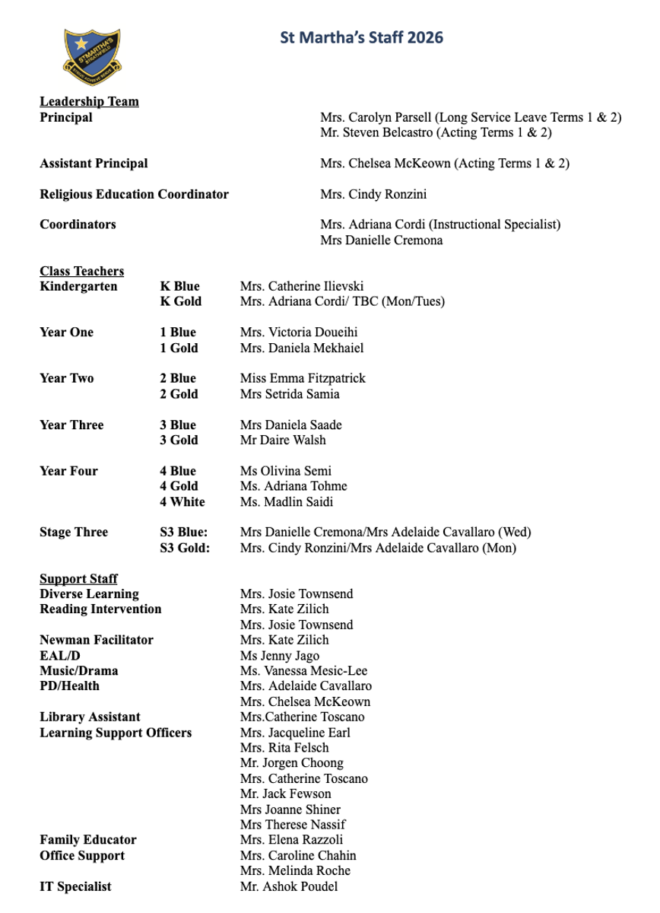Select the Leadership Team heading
pos(89,101)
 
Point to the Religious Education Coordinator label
pos(134,194)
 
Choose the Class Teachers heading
pos(81,271)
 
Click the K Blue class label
pos(179,286)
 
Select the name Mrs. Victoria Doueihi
pos(299,332)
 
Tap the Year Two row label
pos(66,378)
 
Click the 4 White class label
pos(182,501)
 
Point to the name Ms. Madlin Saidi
pos(287,501)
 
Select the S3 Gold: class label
pos(185,548)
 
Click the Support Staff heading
pos(78,579)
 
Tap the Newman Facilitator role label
pos(97,640)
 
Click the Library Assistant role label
pos(90,717)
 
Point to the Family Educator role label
pos(88,840)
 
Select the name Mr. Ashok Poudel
pos(289,886)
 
